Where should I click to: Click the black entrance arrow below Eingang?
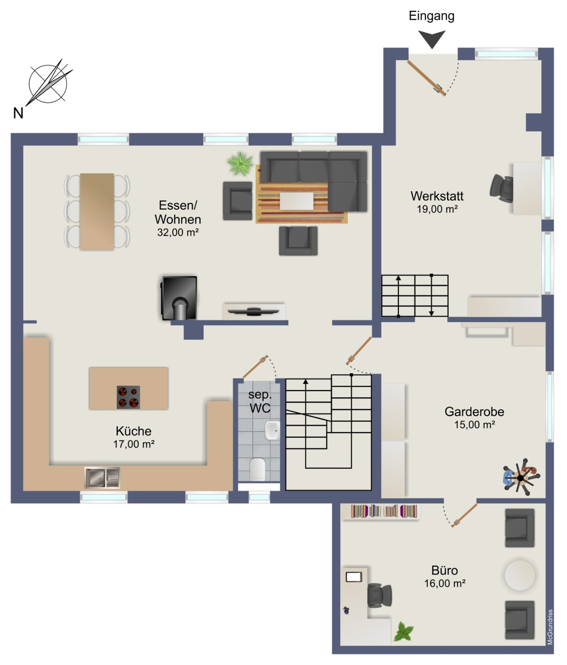coord(432,38)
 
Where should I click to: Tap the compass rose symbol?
coord(48,84)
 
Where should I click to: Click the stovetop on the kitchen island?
coord(128,397)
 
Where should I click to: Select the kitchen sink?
coord(102,477)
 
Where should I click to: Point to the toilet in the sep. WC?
coord(258,469)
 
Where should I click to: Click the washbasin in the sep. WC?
coord(272,430)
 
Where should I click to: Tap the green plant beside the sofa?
coord(240,164)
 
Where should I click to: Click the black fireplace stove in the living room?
coord(179,298)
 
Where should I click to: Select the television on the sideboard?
coord(253,311)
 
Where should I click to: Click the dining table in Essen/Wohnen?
coord(97,211)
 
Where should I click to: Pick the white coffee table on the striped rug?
coord(296,201)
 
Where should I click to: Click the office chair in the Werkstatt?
coord(502,188)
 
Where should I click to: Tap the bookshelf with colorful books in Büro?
coord(381,512)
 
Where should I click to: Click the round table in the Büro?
coord(520,575)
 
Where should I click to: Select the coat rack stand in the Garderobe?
coord(521,477)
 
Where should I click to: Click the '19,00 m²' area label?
coord(437,209)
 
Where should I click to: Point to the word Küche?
coord(133,431)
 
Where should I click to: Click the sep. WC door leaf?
coord(255,366)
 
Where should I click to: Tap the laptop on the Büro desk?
coord(354,577)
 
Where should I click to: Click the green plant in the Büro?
coord(404,632)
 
